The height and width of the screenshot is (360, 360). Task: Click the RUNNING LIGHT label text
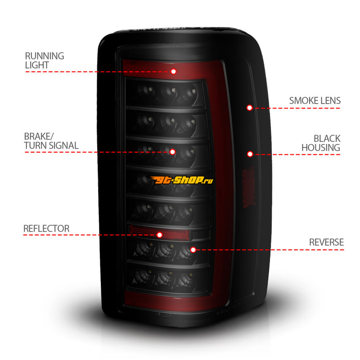click(x=45, y=60)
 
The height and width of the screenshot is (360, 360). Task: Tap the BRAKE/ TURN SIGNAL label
click(x=51, y=141)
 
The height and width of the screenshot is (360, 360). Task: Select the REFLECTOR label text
click(x=46, y=229)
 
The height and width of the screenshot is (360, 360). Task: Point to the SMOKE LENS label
click(x=315, y=100)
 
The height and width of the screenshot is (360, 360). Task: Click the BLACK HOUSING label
click(x=321, y=143)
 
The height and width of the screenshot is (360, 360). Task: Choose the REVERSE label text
click(x=326, y=242)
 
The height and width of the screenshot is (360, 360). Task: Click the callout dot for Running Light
click(x=174, y=72)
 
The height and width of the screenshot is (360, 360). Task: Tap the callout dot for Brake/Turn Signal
click(x=172, y=152)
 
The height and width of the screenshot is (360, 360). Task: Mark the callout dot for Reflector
click(x=160, y=235)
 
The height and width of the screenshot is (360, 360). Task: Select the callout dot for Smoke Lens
click(x=250, y=108)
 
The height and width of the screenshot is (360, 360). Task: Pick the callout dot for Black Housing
click(x=250, y=154)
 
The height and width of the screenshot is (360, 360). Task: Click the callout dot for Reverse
click(x=193, y=250)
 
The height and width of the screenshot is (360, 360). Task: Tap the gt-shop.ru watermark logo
click(x=181, y=180)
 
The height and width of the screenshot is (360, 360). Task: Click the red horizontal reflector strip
click(x=159, y=232)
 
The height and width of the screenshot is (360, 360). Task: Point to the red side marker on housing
click(x=249, y=187)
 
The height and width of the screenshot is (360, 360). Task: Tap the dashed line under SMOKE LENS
click(x=297, y=108)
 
